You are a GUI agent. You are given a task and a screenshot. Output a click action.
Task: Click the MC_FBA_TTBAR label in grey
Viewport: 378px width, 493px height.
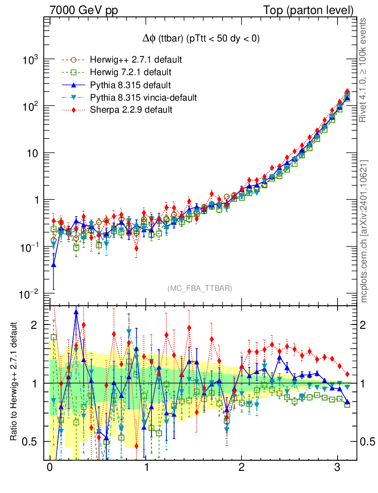pos(200,288)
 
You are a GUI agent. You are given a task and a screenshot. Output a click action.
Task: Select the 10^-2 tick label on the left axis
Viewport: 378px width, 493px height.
pos(30,294)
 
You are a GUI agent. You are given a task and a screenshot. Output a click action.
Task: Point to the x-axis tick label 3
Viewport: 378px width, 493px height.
pos(338,468)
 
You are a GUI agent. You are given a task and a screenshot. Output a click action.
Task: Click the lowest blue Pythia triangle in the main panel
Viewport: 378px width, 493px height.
pos(54,264)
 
